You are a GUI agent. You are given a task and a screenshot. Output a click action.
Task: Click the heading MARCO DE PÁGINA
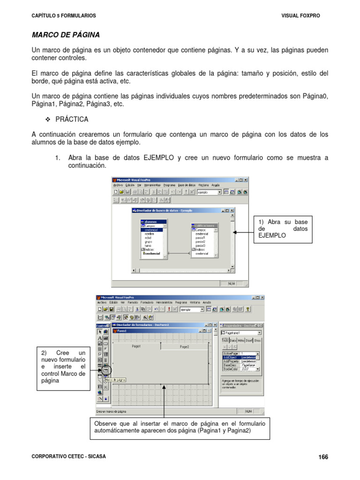pos(65,35)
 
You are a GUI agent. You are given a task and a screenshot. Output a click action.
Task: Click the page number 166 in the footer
pos(323,457)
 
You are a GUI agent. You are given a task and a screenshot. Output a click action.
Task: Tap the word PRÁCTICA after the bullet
pos(72,120)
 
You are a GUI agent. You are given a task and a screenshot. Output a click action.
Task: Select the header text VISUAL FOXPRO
pos(300,15)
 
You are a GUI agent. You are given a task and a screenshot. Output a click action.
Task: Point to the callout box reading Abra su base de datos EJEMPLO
pos(283,229)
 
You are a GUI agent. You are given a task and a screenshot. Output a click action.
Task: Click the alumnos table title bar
pos(154,221)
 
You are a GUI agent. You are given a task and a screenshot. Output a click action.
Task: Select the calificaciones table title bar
pos(205,225)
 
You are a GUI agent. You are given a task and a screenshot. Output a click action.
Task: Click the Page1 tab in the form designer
pos(136,346)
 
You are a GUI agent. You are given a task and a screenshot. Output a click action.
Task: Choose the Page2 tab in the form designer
pos(184,347)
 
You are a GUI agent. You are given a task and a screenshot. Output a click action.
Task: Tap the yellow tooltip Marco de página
pos(115,380)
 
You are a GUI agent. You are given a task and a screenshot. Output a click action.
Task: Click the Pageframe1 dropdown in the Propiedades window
pos(240,333)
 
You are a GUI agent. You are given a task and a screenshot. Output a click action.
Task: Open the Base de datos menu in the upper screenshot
pos(187,185)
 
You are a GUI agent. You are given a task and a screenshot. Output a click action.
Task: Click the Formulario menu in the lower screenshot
pos(147,303)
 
